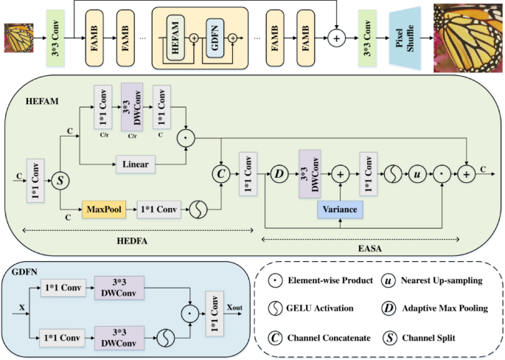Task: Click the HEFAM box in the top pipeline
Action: coord(175,35)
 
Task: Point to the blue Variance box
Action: coord(339,210)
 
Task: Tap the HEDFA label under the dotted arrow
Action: coord(137,240)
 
